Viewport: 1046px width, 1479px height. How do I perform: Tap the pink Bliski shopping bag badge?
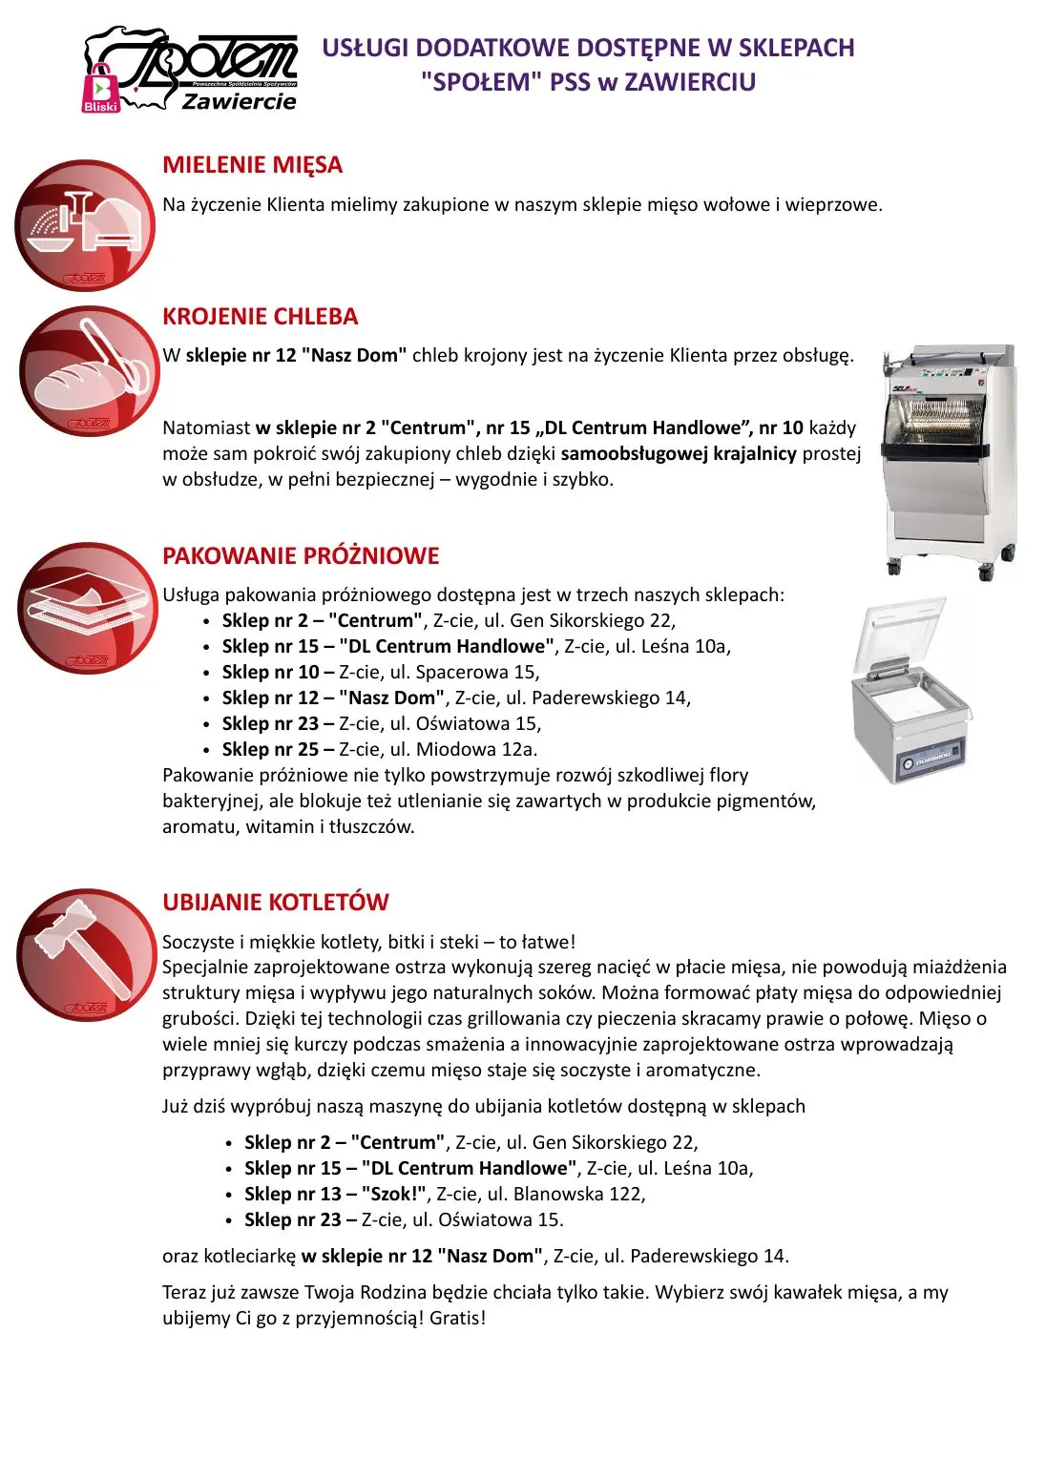coord(100,89)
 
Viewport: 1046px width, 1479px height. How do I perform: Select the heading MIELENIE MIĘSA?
coord(252,165)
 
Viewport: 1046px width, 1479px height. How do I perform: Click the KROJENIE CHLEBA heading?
coord(260,317)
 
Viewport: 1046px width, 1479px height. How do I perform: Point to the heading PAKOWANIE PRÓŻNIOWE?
coord(301,556)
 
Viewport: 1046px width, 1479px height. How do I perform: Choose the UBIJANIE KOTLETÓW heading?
coord(276,903)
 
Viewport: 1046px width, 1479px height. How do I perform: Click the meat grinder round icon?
coord(85,225)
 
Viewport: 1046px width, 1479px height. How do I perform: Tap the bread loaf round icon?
coord(89,372)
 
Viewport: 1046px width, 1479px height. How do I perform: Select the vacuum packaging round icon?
coord(87,608)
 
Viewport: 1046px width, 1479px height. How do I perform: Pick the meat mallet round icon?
coord(87,955)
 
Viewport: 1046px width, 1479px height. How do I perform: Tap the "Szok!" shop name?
coord(393,1195)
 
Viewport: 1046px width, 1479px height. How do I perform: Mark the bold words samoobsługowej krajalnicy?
coord(679,454)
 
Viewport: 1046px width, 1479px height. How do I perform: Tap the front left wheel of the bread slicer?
coord(894,568)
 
